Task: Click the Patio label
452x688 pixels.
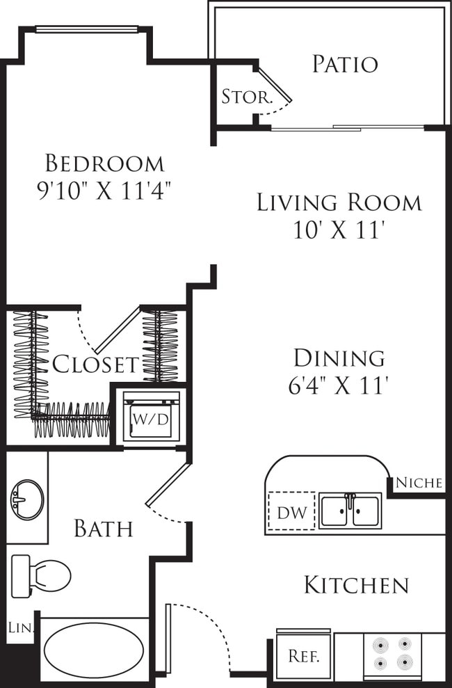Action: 345,64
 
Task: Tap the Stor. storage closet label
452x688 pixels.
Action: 247,97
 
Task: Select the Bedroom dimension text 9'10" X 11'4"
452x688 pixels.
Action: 104,191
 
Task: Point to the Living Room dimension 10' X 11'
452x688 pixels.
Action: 339,230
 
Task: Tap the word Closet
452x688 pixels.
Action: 95,365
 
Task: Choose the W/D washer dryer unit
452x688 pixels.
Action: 152,417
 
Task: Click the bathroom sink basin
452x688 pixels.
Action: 27,499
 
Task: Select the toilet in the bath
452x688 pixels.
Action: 41,576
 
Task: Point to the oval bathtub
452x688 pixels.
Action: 94,650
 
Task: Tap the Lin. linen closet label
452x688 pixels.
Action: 21,628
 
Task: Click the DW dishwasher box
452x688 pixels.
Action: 291,511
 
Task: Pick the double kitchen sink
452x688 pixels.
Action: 350,511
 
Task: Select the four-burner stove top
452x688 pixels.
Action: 393,654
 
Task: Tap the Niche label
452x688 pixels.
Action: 419,483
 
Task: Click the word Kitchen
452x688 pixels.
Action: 357,585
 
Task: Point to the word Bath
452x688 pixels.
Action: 104,528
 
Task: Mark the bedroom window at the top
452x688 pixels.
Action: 86,29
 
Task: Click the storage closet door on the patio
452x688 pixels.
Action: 275,85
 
